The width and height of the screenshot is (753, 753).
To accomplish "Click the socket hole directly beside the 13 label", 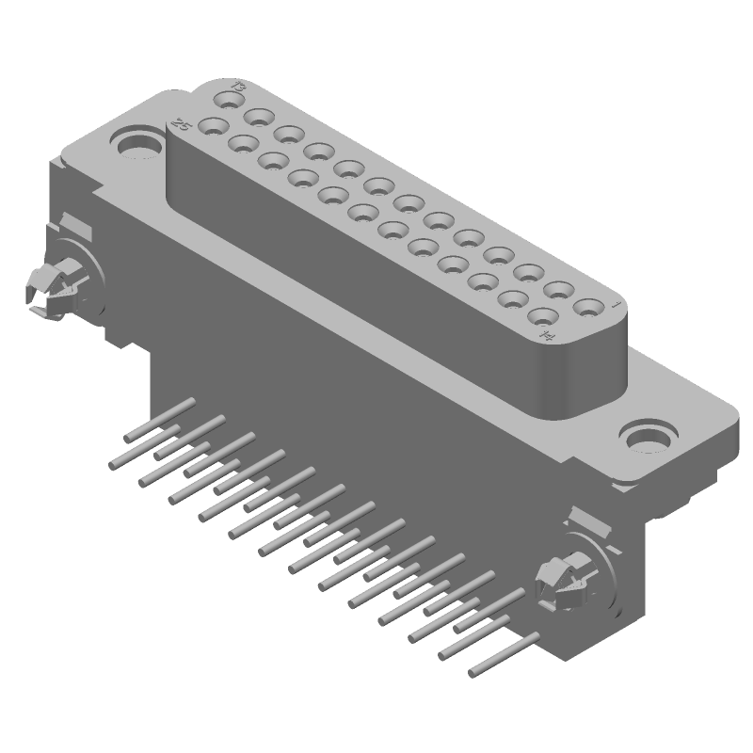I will (227, 99).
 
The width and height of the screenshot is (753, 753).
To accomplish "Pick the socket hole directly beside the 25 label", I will (215, 127).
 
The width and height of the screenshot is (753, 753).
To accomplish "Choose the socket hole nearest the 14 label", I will (545, 316).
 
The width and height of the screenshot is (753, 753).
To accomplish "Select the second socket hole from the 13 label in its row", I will (257, 118).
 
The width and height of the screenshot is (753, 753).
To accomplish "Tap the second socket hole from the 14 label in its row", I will (515, 299).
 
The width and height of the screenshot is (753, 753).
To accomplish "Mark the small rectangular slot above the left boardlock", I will (74, 227).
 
